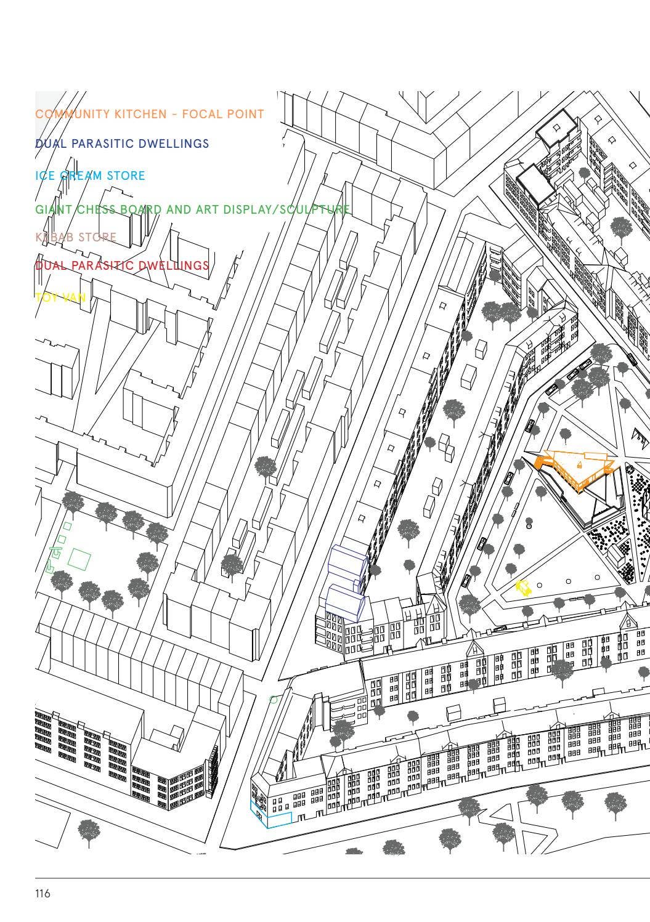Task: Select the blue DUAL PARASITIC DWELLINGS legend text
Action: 122,144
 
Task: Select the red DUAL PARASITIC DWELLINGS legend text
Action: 122,266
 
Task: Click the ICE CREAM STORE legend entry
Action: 90,176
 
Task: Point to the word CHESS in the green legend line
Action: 96,210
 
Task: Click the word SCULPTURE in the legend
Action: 315,210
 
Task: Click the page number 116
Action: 43,893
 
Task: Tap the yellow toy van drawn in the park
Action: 524,588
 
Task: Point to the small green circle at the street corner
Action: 274,699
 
